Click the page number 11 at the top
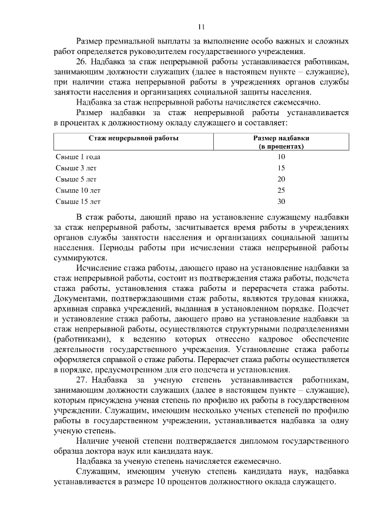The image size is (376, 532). click(x=201, y=26)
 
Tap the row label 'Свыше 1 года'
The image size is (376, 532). click(x=78, y=157)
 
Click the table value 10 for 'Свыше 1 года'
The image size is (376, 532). click(x=281, y=157)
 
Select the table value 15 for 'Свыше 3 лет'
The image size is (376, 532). click(x=281, y=168)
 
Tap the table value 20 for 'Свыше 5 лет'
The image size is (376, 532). click(x=281, y=179)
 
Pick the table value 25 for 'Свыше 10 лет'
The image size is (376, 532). click(x=281, y=190)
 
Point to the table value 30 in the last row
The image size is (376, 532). click(x=281, y=202)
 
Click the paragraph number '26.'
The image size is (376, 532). click(x=83, y=62)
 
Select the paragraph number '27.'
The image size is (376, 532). click(x=83, y=381)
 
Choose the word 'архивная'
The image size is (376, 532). click(x=72, y=307)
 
